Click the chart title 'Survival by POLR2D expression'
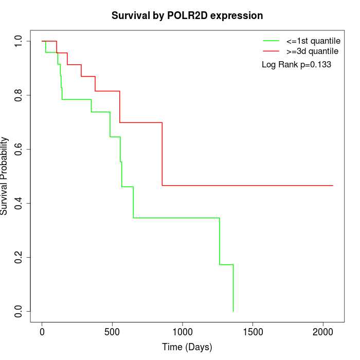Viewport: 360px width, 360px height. pos(187,16)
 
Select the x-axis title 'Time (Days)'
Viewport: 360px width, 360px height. pos(187,347)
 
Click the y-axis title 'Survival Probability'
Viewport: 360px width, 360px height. pos(5,176)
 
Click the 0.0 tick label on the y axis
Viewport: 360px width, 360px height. pos(19,311)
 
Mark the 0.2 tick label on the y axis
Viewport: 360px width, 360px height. pos(19,257)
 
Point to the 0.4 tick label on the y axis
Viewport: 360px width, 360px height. pos(19,203)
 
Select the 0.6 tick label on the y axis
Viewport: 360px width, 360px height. pos(19,149)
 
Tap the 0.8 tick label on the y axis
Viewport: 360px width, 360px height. pos(19,95)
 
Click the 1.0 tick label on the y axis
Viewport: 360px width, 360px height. pos(19,41)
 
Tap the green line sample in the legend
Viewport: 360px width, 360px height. pos(271,41)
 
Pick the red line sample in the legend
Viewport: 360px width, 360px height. pos(271,51)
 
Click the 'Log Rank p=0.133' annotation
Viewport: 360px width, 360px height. pos(296,65)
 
